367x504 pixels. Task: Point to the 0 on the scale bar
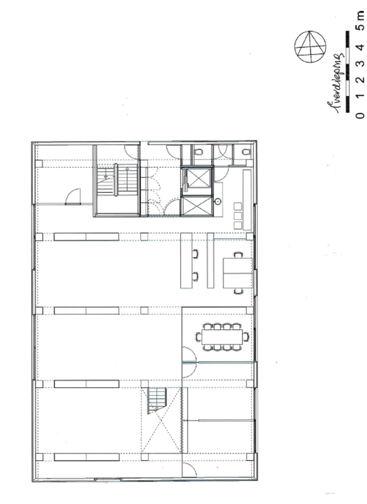[358, 115]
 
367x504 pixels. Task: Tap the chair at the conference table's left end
[199, 337]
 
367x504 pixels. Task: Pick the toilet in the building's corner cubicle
[245, 152]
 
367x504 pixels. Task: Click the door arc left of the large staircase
[73, 195]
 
